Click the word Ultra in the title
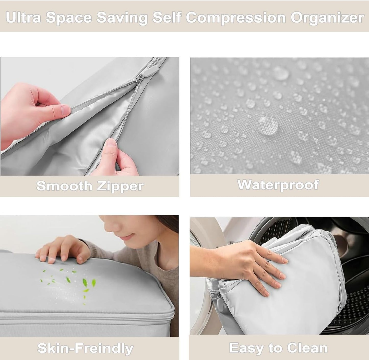pos(23,18)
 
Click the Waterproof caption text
pos(278,185)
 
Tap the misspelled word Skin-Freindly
pos(85,348)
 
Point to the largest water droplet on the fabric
pos(268,125)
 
